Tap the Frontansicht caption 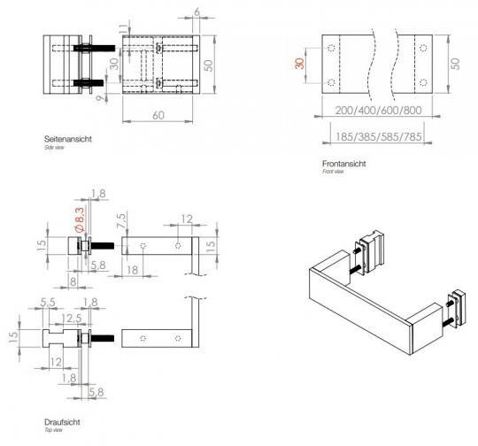click(344, 164)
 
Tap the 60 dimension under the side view click(158, 115)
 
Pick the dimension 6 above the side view click(196, 12)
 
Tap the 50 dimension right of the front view click(455, 65)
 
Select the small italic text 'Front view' click(335, 173)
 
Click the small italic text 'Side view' click(55, 148)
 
